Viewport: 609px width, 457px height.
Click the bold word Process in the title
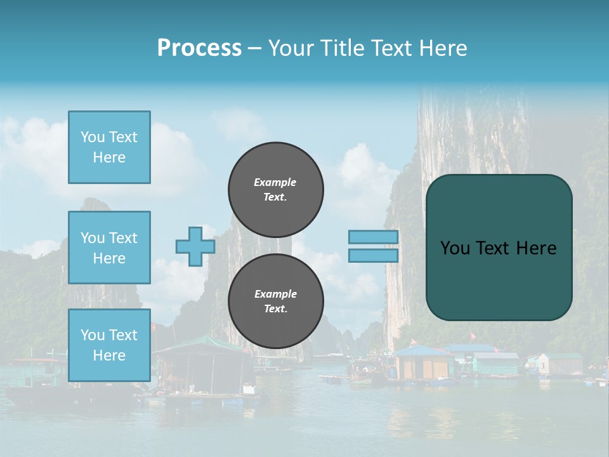point(199,48)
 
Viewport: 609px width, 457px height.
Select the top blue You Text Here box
point(109,147)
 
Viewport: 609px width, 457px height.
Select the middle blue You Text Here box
point(109,248)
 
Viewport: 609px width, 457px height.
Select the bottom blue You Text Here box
point(109,345)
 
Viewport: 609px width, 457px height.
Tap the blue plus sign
point(195,246)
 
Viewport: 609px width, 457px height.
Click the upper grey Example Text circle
point(276,189)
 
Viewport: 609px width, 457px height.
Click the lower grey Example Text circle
point(276,301)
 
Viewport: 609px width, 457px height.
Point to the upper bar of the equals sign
point(374,237)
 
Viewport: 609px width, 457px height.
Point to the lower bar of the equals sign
point(374,255)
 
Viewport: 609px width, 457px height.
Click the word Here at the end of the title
point(443,48)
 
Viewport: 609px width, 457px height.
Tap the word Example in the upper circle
point(275,182)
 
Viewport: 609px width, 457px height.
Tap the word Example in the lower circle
point(275,294)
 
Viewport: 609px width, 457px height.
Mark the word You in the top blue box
point(93,137)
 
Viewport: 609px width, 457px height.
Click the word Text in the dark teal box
point(494,248)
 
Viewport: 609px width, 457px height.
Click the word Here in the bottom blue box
point(109,355)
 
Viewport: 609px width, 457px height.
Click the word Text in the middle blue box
point(122,238)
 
